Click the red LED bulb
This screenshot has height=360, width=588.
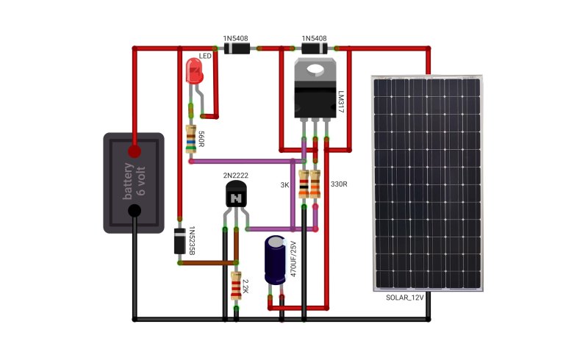pyautogui.click(x=195, y=71)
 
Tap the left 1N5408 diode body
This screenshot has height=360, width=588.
pyautogui.click(x=237, y=48)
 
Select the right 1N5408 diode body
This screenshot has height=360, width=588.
pyautogui.click(x=315, y=48)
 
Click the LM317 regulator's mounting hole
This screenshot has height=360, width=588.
pyautogui.click(x=315, y=69)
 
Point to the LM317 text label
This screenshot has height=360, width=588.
pyautogui.click(x=341, y=101)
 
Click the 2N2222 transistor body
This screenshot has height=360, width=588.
pyautogui.click(x=236, y=193)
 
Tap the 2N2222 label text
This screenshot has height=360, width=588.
pyautogui.click(x=235, y=175)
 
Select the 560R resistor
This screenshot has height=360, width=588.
pyautogui.click(x=191, y=139)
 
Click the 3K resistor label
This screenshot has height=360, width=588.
pyautogui.click(x=284, y=185)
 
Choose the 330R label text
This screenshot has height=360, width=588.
pyautogui.click(x=339, y=184)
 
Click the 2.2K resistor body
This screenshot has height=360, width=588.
pyautogui.click(x=236, y=286)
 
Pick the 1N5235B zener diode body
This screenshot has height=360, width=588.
pyautogui.click(x=179, y=241)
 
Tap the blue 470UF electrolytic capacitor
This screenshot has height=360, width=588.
pyautogui.click(x=276, y=260)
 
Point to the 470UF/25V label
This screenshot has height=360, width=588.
pyautogui.click(x=293, y=259)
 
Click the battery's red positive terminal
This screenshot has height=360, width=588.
pyautogui.click(x=135, y=151)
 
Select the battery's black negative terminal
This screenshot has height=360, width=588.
pyautogui.click(x=135, y=211)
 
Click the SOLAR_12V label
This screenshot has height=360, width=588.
pyautogui.click(x=405, y=298)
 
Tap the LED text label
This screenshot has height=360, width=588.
pyautogui.click(x=205, y=57)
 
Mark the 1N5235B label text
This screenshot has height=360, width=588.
pyautogui.click(x=191, y=241)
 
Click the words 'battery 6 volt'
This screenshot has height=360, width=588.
pyautogui.click(x=134, y=181)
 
